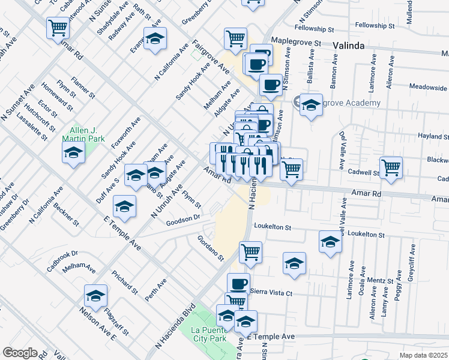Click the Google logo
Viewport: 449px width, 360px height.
(20, 353)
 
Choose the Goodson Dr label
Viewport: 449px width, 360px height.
(182, 219)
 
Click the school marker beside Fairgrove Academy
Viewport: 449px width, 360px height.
(310, 104)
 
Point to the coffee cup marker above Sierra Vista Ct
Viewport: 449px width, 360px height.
(238, 282)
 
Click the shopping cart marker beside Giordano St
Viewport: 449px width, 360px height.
(250, 251)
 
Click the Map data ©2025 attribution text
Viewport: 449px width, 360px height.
(423, 355)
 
